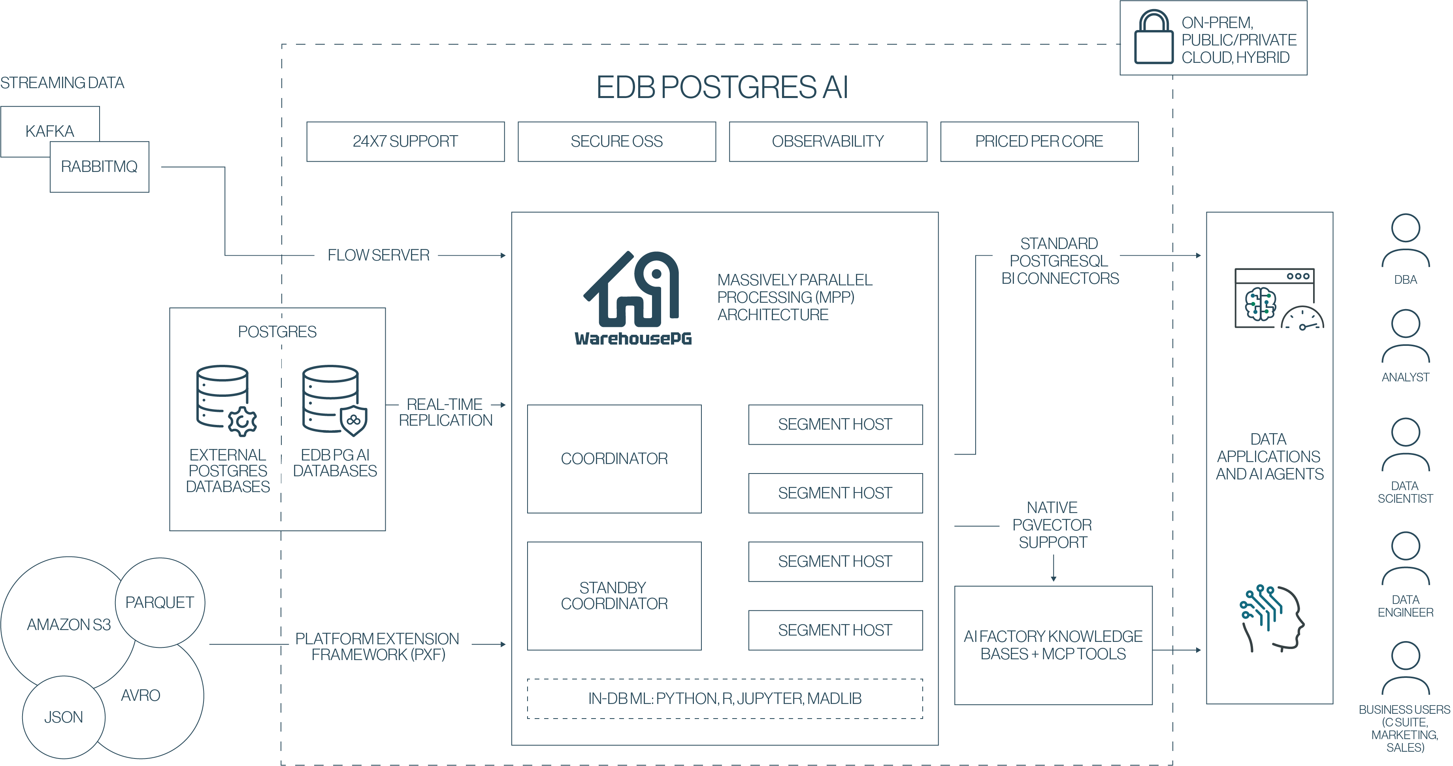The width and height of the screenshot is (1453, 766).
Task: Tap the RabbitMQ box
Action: coord(99,167)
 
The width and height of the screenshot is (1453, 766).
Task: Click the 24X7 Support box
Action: coord(405,142)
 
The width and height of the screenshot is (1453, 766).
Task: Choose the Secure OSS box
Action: coord(616,142)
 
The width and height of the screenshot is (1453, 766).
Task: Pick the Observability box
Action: coord(827,142)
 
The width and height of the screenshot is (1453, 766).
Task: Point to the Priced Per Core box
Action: coord(1039,142)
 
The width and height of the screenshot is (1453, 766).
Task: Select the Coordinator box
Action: coord(614,458)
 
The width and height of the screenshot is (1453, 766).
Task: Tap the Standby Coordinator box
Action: coord(614,596)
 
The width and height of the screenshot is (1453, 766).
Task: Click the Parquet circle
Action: coord(160,602)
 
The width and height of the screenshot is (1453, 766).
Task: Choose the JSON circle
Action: coord(63,717)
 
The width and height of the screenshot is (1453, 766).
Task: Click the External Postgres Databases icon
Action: coord(226,400)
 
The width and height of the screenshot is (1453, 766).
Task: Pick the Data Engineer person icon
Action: coord(1405,558)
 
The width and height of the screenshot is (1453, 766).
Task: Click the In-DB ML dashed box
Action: coord(724,698)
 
